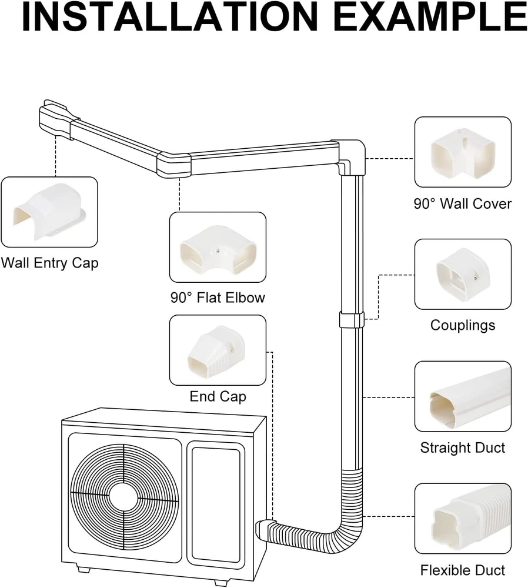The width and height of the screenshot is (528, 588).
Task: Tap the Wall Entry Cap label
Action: [49, 262]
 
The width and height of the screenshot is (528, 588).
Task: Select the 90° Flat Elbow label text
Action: [218, 298]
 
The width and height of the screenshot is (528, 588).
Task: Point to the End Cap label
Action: [218, 397]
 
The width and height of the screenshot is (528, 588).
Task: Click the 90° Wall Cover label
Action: [462, 204]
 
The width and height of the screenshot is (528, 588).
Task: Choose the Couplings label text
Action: [462, 325]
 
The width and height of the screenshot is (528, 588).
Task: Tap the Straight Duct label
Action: [462, 448]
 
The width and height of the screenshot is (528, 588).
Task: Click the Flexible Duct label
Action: [462, 570]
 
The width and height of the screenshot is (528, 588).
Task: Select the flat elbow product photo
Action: [218, 247]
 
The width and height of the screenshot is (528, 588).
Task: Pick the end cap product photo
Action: [218, 350]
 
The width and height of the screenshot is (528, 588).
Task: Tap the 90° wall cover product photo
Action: [462, 152]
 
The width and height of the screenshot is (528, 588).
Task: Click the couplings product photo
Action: [462, 274]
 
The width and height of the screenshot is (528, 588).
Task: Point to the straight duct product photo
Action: [462, 396]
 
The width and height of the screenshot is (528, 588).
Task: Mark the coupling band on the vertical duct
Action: [351, 320]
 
